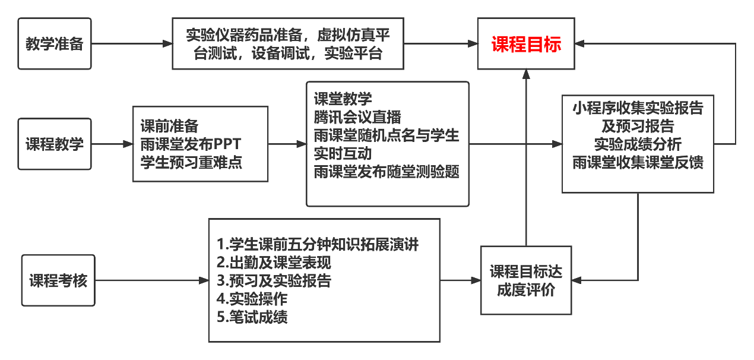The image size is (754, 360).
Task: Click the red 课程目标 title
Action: [x=526, y=44]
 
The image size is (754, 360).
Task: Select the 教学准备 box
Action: [x=55, y=43]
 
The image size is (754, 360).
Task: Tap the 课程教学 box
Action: [x=55, y=144]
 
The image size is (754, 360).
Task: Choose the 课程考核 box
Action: [x=58, y=280]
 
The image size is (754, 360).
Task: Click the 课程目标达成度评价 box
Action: [x=526, y=280]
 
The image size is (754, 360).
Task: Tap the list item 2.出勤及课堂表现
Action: [x=274, y=262]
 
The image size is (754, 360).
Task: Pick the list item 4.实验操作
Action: [x=252, y=299]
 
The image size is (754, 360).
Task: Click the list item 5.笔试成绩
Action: [x=252, y=317]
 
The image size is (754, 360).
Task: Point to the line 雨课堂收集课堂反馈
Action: [x=638, y=162]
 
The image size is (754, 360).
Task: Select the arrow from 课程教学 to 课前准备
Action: [x=113, y=144]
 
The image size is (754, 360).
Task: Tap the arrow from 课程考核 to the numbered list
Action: [x=151, y=280]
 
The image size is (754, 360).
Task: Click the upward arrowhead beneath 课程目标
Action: [x=526, y=73]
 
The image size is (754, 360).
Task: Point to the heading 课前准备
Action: [x=169, y=126]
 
